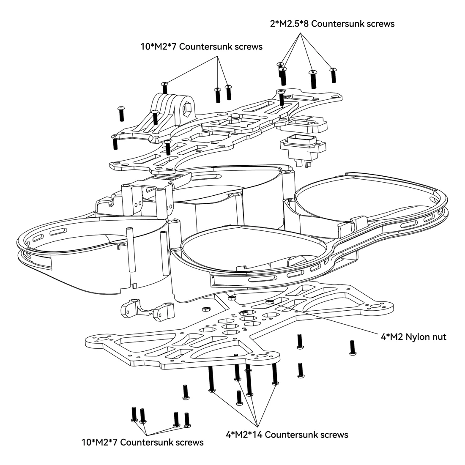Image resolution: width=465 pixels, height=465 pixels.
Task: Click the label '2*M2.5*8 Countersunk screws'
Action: tap(332, 24)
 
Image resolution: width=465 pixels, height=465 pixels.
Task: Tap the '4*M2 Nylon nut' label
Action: tap(413, 337)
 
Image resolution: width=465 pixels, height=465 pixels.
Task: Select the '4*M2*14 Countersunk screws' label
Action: tap(287, 435)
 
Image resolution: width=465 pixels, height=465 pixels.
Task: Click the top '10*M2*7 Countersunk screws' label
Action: tap(201, 46)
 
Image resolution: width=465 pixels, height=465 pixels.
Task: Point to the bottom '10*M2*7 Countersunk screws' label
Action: tap(142, 442)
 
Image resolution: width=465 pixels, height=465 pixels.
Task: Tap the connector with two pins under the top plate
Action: tap(303, 150)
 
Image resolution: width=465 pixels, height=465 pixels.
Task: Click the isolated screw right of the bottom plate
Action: tap(353, 347)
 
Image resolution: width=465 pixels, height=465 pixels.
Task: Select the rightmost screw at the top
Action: tap(334, 75)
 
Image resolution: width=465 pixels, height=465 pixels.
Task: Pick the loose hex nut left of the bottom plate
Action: tap(205, 309)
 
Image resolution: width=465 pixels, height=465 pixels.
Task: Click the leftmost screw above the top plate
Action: tap(121, 113)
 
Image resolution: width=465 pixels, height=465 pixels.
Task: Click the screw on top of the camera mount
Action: tap(165, 87)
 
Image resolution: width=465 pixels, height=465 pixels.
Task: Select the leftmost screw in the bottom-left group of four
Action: tap(134, 415)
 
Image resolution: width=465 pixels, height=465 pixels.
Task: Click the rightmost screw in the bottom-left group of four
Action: tap(187, 420)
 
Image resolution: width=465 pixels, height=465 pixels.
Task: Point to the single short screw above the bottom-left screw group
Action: tap(185, 392)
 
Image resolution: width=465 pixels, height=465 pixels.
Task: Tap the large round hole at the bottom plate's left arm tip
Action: tap(103, 339)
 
